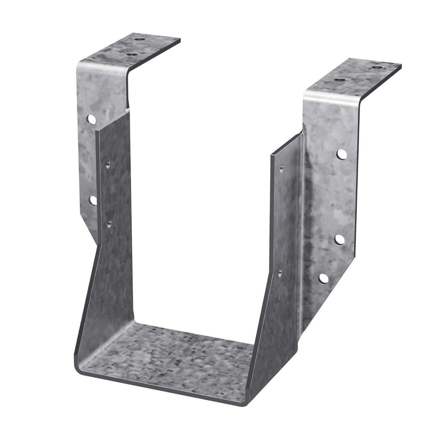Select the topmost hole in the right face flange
(341, 153)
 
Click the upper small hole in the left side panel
(108, 164)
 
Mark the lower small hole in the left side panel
(109, 222)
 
